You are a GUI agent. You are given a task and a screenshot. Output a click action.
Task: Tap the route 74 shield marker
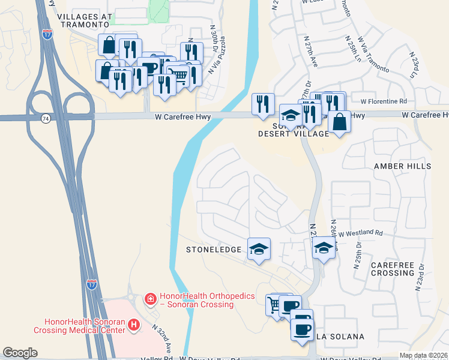(46, 119)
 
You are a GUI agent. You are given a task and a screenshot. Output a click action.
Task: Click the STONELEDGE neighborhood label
(214, 249)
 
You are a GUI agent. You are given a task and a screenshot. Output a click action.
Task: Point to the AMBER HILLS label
(402, 166)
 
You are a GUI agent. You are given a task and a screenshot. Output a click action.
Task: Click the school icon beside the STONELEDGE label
(259, 249)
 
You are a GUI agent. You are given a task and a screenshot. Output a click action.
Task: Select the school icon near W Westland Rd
(324, 248)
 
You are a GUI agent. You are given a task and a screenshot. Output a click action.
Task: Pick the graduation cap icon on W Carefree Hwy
(291, 116)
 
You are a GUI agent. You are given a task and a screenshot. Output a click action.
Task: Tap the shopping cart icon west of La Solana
(276, 305)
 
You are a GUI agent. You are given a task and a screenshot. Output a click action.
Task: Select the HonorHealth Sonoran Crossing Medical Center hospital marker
(134, 325)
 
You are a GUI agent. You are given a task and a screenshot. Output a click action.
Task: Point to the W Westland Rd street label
(361, 233)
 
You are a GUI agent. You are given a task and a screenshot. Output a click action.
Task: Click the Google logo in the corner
(20, 353)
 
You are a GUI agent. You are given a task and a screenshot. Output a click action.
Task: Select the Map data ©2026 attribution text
(423, 355)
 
